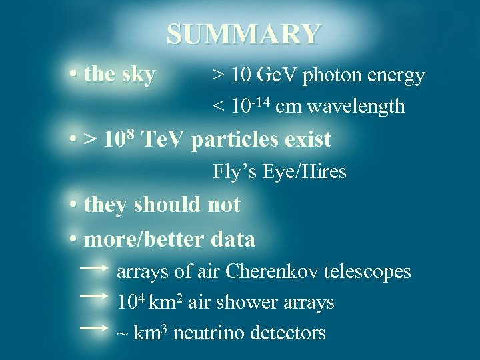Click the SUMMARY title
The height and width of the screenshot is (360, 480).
click(x=243, y=34)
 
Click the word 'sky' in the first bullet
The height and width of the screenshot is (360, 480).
click(x=139, y=75)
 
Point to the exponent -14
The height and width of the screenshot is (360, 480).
click(x=258, y=99)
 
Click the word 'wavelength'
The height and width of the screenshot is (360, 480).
click(x=357, y=106)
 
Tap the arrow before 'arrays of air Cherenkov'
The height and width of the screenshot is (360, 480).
click(x=93, y=268)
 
